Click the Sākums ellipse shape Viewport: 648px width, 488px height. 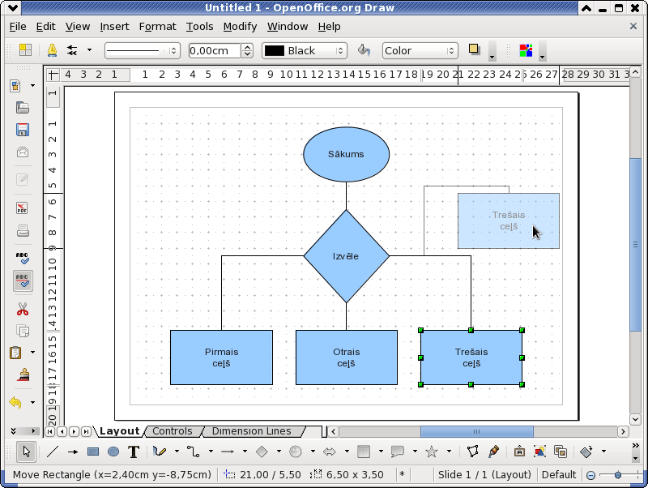pyautogui.click(x=347, y=154)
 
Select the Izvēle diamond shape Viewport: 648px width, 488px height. pyautogui.click(x=347, y=256)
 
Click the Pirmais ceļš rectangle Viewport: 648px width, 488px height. pyautogui.click(x=221, y=357)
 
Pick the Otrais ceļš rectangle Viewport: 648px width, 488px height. pyautogui.click(x=347, y=357)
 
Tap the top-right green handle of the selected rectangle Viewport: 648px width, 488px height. pyautogui.click(x=522, y=330)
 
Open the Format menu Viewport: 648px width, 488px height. pyautogui.click(x=157, y=27)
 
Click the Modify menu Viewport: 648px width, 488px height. pyautogui.click(x=240, y=27)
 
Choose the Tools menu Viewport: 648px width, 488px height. pyautogui.click(x=199, y=27)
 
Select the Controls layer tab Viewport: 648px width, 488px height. pyautogui.click(x=173, y=431)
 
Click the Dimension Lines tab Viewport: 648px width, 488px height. pyautogui.click(x=252, y=431)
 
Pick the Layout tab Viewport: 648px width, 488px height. pyautogui.click(x=119, y=431)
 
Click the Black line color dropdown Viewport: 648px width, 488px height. pyautogui.click(x=305, y=50)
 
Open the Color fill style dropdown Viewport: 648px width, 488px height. pyautogui.click(x=420, y=50)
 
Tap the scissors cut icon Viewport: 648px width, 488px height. pyautogui.click(x=23, y=309)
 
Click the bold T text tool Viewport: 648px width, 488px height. pyautogui.click(x=134, y=452)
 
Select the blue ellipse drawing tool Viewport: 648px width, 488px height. pyautogui.click(x=113, y=452)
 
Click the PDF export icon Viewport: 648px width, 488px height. pyautogui.click(x=23, y=208)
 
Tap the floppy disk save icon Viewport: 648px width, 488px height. pyautogui.click(x=23, y=130)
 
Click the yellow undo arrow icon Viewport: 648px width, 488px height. pyautogui.click(x=15, y=402)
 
